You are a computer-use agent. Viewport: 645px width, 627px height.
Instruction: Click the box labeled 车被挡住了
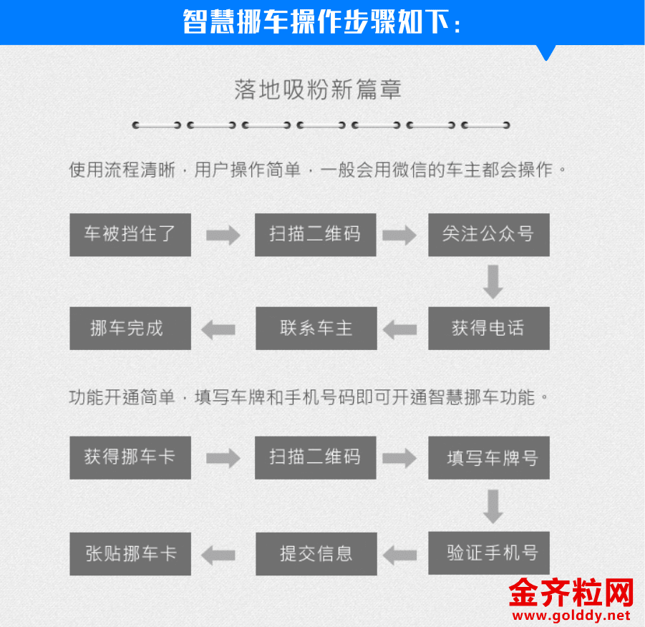[x=130, y=235]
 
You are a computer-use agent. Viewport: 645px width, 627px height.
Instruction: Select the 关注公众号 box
[x=489, y=235]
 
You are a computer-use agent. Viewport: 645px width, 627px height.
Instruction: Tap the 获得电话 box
[x=489, y=328]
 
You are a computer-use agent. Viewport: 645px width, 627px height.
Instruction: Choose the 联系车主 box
[x=316, y=328]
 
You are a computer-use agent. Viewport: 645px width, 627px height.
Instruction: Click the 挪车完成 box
[x=130, y=328]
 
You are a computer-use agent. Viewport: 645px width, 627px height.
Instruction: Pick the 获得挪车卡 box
[x=130, y=457]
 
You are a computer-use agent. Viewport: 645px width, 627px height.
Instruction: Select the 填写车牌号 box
[x=489, y=457]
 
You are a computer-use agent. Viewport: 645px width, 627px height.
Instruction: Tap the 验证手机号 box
[x=489, y=553]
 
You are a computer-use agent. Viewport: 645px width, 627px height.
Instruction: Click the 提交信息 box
[x=316, y=553]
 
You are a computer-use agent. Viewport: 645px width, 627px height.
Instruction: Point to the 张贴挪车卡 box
[x=130, y=553]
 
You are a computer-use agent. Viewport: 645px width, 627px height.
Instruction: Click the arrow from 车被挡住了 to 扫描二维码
[x=223, y=235]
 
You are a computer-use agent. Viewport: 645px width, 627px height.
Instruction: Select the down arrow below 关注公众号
[x=493, y=282]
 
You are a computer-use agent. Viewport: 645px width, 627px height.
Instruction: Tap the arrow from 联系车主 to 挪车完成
[x=218, y=329]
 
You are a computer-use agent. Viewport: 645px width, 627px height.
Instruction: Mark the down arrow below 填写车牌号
[x=493, y=506]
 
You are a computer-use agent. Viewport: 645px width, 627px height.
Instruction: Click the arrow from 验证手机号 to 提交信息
[x=399, y=555]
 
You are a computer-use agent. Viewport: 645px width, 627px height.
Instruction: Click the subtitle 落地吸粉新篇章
[x=318, y=89]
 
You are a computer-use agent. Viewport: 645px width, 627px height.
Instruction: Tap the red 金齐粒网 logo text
[x=571, y=593]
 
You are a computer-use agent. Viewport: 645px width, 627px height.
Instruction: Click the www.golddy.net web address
[x=571, y=616]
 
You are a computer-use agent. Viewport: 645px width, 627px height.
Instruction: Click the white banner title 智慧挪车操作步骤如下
[x=321, y=21]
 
